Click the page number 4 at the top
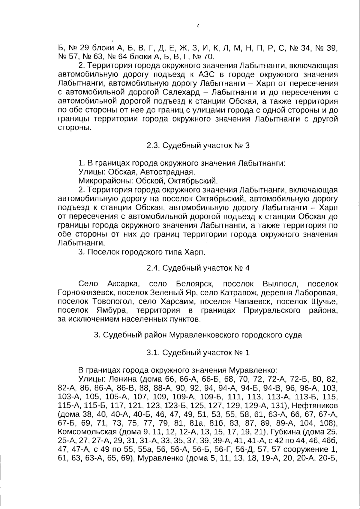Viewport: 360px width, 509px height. pos(198,26)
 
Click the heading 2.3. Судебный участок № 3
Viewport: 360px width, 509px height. pos(198,146)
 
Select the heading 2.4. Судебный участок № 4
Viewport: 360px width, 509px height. pos(198,268)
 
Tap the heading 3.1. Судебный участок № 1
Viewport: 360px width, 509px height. pos(198,353)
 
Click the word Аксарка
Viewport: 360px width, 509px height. pos(122,284)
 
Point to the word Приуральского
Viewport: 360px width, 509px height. pos(272,310)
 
